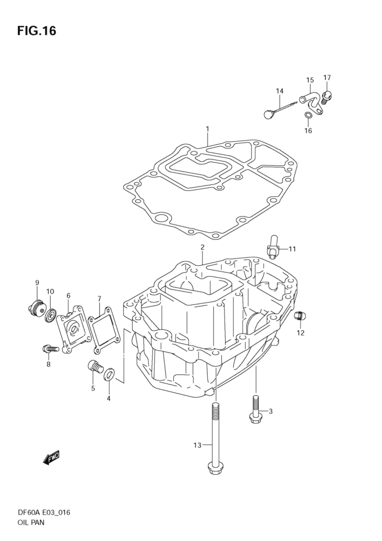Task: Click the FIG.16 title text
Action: pos(36,31)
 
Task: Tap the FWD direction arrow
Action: pos(52,458)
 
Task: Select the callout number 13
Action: pos(197,445)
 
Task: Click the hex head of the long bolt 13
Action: pos(215,468)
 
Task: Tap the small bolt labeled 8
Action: pos(49,348)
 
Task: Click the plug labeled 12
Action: pos(300,315)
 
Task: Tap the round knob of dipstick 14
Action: pos(268,113)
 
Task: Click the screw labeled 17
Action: pos(328,96)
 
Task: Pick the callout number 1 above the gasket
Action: pos(208,129)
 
